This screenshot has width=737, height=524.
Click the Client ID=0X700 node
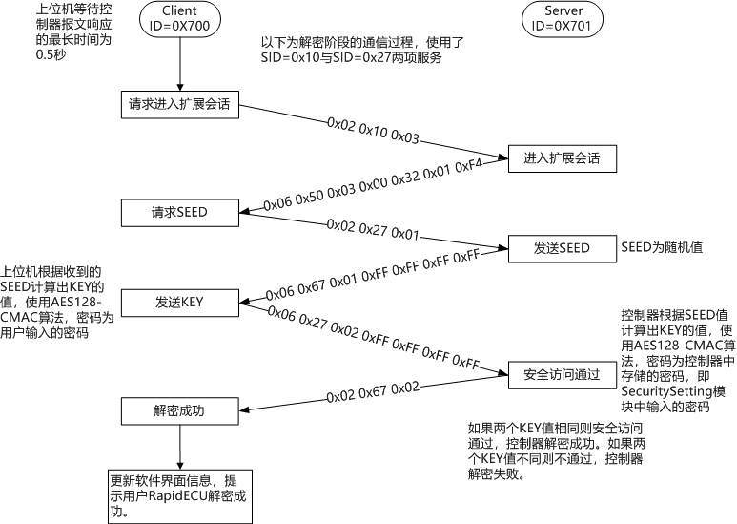[x=179, y=18]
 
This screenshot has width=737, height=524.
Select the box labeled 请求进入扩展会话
[x=179, y=105]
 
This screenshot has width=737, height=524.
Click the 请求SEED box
[x=179, y=211]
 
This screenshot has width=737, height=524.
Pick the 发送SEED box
[x=562, y=248]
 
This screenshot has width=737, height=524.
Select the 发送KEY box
[x=179, y=303]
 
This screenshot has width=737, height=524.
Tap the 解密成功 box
[x=179, y=411]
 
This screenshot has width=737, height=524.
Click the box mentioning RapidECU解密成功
[x=179, y=495]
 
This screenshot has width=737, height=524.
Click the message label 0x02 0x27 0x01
[x=373, y=230]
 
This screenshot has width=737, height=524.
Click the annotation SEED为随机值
[x=661, y=247]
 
